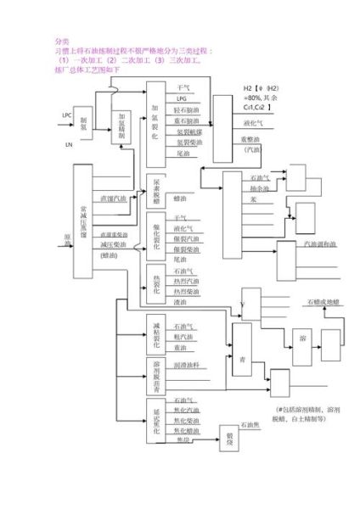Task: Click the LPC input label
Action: pyautogui.click(x=67, y=115)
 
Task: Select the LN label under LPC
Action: pyautogui.click(x=68, y=144)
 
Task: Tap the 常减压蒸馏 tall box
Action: pyautogui.click(x=82, y=221)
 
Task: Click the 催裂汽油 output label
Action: pyautogui.click(x=187, y=239)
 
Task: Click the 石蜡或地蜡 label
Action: pyautogui.click(x=320, y=302)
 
